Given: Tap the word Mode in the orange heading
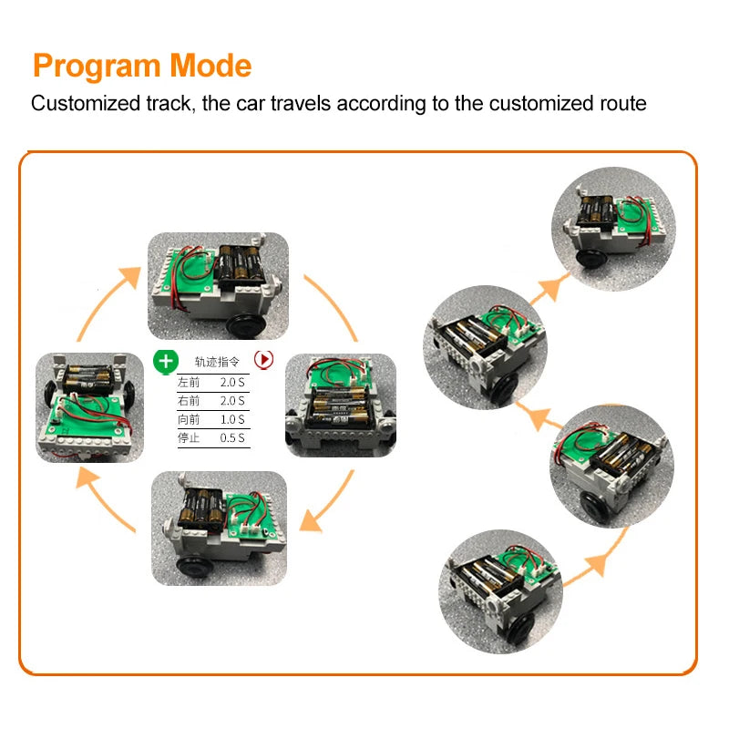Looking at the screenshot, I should pos(210,66).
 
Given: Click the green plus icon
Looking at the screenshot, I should pos(165,361).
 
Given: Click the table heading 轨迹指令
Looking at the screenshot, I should pos(215,361).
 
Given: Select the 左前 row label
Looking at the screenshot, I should pos(189,382).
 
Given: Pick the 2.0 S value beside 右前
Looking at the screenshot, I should pos(232,401).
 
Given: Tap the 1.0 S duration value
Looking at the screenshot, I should pos(232,420).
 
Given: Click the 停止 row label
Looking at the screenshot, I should pos(189,438).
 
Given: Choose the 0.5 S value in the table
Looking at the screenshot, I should pos(232,438).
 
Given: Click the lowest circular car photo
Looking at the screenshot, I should pos(499,590).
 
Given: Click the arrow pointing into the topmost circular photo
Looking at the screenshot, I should pos(547,290).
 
